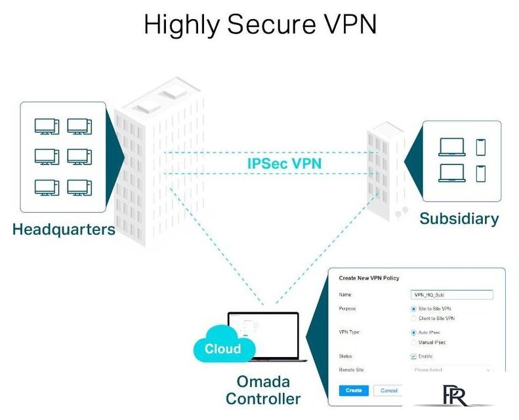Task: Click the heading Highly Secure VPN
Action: pyautogui.click(x=260, y=25)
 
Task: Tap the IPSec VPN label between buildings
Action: pyautogui.click(x=285, y=162)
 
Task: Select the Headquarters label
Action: pyautogui.click(x=64, y=229)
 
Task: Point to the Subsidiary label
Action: pyautogui.click(x=459, y=219)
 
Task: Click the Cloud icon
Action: pyautogui.click(x=222, y=348)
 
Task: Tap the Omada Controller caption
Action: pyautogui.click(x=263, y=390)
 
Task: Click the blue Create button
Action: pyautogui.click(x=353, y=390)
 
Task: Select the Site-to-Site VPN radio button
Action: pyautogui.click(x=413, y=308)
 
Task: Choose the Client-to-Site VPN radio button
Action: pyautogui.click(x=413, y=318)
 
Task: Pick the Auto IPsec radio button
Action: pyautogui.click(x=413, y=333)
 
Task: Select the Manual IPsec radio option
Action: pyautogui.click(x=413, y=343)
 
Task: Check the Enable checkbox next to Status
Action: pyautogui.click(x=413, y=356)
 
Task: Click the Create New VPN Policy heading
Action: pyautogui.click(x=369, y=278)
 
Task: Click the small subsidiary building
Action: pyautogui.click(x=385, y=167)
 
